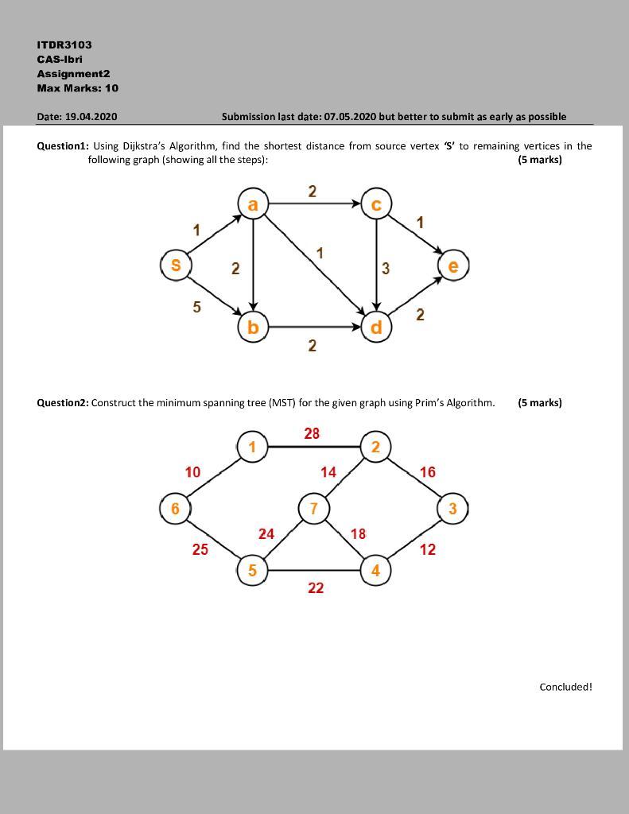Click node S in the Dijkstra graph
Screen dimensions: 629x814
[175, 265]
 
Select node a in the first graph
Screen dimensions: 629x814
[253, 205]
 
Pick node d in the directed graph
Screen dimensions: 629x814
[376, 326]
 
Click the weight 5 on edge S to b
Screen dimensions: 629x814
[196, 306]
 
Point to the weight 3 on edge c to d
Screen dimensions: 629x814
[386, 269]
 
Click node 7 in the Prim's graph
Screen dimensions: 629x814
[314, 508]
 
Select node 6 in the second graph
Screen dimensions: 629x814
[175, 508]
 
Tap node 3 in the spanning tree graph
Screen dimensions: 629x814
[453, 508]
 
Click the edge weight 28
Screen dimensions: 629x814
[313, 433]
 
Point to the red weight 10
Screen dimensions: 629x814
[192, 472]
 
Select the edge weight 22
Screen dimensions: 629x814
[316, 587]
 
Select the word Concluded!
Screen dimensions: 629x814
[566, 687]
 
